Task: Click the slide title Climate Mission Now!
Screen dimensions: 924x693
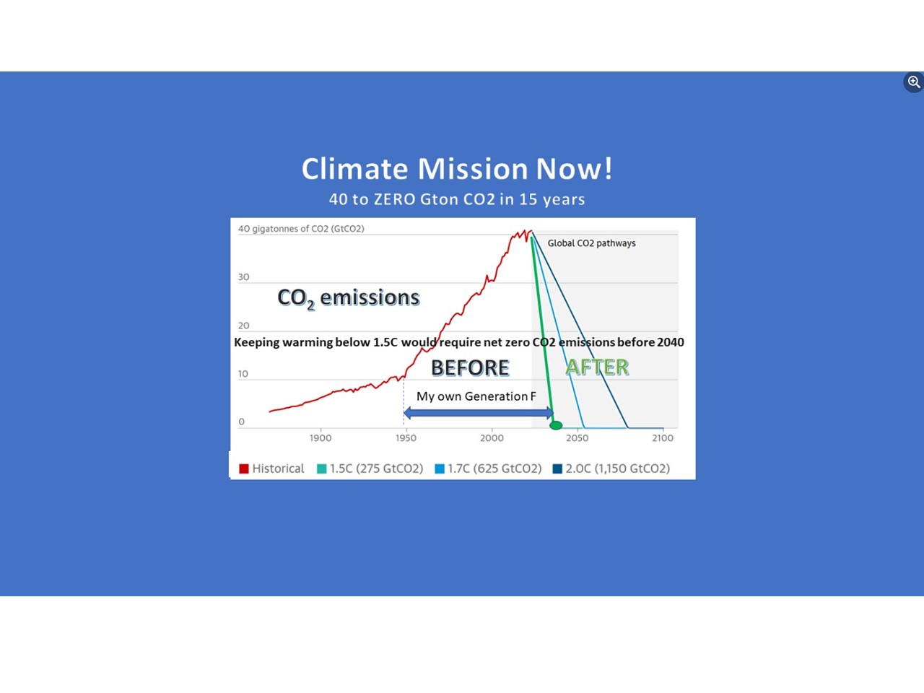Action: point(457,169)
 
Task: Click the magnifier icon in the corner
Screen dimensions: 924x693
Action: point(913,82)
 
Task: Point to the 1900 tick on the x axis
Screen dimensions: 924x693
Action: point(321,438)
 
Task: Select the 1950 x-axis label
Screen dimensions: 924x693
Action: point(406,438)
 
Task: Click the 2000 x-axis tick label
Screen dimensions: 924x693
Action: point(492,438)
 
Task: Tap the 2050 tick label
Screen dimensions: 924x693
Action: point(577,438)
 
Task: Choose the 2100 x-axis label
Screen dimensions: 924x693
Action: point(663,438)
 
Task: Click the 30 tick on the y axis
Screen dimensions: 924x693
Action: point(244,277)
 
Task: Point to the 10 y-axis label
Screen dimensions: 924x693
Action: point(243,374)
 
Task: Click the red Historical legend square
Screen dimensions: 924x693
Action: point(244,468)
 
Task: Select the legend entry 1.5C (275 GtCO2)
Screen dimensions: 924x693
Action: point(370,468)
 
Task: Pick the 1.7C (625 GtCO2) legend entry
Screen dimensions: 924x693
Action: point(488,468)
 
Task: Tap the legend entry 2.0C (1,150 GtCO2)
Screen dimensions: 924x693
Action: point(611,468)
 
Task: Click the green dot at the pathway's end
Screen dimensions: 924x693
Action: point(556,425)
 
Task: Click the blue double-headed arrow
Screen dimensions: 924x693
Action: point(479,413)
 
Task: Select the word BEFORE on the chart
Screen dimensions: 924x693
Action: point(470,367)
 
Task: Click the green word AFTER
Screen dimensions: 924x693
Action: point(597,367)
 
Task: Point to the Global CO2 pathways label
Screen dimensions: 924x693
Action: point(591,243)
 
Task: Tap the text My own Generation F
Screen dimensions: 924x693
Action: point(476,396)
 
